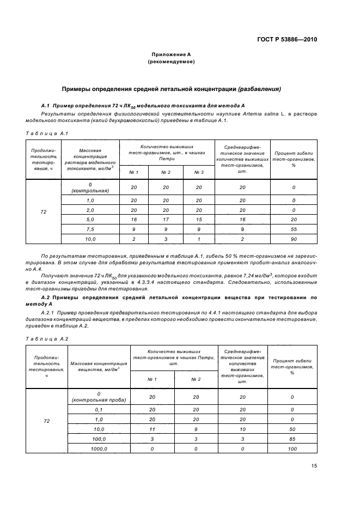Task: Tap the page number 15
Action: coord(314,465)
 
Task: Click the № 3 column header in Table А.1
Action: coord(199,172)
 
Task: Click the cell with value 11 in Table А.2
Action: coord(152,429)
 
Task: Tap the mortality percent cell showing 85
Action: coord(292,439)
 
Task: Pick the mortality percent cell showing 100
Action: coord(292,448)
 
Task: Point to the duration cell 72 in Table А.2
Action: coord(46,421)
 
